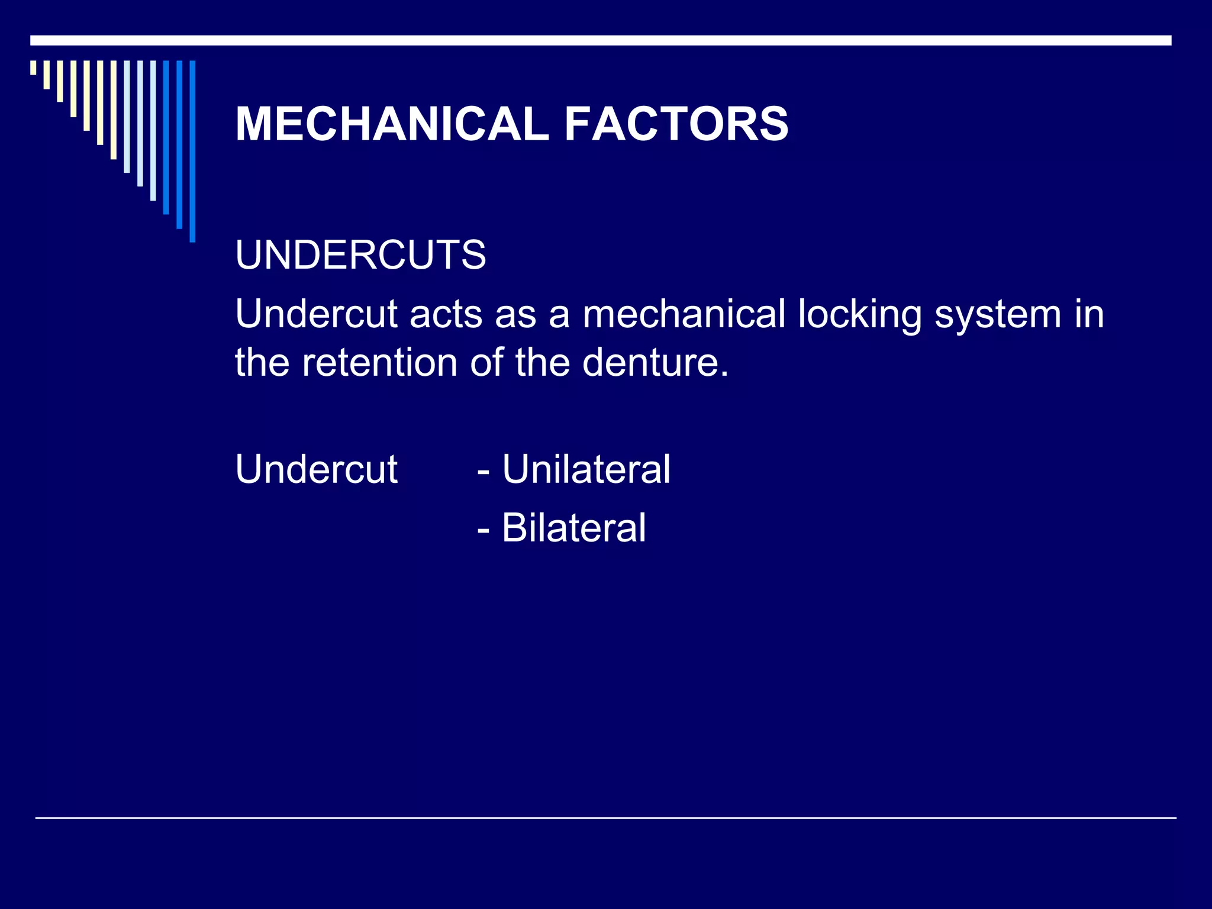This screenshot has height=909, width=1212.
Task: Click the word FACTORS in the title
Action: coord(676,124)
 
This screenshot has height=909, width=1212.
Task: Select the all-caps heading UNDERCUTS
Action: coord(360,255)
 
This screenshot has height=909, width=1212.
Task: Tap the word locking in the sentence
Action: coord(859,314)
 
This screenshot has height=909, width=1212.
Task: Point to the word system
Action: coord(998,314)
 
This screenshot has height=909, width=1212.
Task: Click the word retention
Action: coord(379,362)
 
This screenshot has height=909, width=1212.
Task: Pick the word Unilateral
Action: coord(586,469)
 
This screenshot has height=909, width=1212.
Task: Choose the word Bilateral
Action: coord(573,527)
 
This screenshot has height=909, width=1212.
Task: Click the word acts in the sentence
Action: coord(445,314)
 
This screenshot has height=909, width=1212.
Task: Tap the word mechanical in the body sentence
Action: coord(684,314)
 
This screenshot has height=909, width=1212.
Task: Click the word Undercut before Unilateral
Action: coord(317,469)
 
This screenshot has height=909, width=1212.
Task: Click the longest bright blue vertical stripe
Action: coord(192,151)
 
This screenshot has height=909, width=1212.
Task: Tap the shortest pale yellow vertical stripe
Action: coord(33,67)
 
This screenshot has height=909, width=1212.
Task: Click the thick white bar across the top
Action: coord(601,40)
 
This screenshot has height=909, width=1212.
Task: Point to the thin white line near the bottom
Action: coord(605,818)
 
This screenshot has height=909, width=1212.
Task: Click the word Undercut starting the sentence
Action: coord(317,314)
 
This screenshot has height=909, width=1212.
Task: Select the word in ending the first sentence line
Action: coord(1089,314)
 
